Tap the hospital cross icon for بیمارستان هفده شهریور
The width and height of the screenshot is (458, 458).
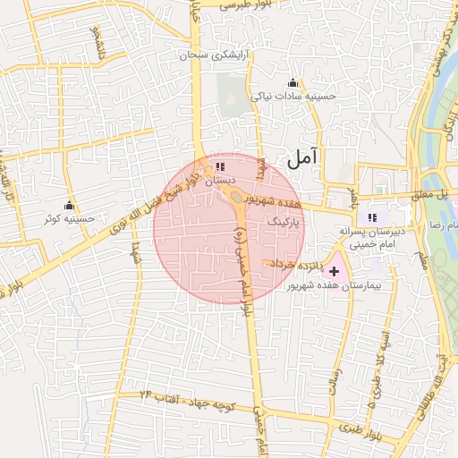tap(335, 270)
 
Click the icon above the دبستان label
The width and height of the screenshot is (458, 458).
tap(220, 166)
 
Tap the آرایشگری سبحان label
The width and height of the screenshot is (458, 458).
tap(216, 55)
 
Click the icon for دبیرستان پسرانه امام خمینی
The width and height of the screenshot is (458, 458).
tap(372, 216)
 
